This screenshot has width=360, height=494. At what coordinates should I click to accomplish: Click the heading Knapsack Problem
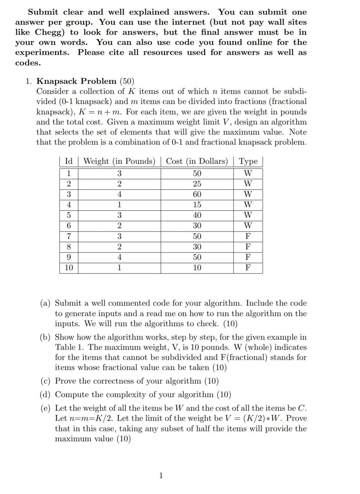76,81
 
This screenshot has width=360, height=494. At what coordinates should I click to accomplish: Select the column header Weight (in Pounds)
119,161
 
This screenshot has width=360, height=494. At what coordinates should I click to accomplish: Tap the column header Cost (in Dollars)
197,161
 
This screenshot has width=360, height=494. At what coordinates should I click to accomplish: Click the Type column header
248,161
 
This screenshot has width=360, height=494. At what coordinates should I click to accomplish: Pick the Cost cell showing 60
197,194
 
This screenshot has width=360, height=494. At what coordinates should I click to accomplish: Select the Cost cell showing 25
197,184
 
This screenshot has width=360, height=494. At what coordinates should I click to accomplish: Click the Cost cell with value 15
197,205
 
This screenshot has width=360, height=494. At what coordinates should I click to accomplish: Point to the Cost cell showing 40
197,215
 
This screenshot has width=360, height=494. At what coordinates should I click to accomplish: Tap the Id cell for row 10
69,268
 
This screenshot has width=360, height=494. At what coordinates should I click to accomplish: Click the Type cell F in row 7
248,236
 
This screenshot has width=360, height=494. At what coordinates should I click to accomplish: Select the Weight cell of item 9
119,257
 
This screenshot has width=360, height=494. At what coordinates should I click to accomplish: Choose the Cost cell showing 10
197,268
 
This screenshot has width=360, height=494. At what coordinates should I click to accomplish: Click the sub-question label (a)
46,303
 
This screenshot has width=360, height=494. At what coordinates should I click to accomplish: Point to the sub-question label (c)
46,381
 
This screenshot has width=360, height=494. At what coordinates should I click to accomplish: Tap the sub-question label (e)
46,408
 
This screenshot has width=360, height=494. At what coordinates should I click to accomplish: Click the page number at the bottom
161,475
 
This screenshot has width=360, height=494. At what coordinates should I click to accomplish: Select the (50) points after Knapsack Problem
126,81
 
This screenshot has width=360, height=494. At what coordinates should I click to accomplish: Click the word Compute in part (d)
71,395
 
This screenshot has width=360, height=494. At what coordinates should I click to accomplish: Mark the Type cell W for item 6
248,226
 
